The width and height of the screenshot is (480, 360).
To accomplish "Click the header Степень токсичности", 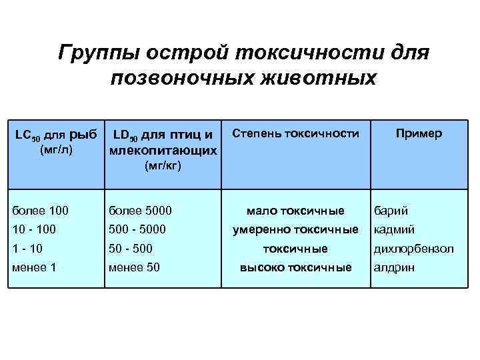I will (295, 133).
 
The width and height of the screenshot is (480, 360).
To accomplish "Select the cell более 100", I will (40, 211).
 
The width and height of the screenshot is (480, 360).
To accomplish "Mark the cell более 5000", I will (140, 211).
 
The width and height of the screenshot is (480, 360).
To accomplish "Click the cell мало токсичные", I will (295, 211).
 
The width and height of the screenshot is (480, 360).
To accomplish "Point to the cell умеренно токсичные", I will (295, 230).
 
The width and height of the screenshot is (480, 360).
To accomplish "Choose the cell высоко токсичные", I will (295, 267).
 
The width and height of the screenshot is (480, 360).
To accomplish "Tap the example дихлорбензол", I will (413, 249).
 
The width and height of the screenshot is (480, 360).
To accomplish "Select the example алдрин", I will (394, 267).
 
